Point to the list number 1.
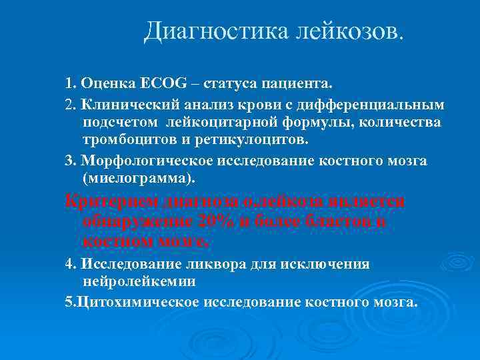click(x=69, y=85)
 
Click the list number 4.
click(x=69, y=264)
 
